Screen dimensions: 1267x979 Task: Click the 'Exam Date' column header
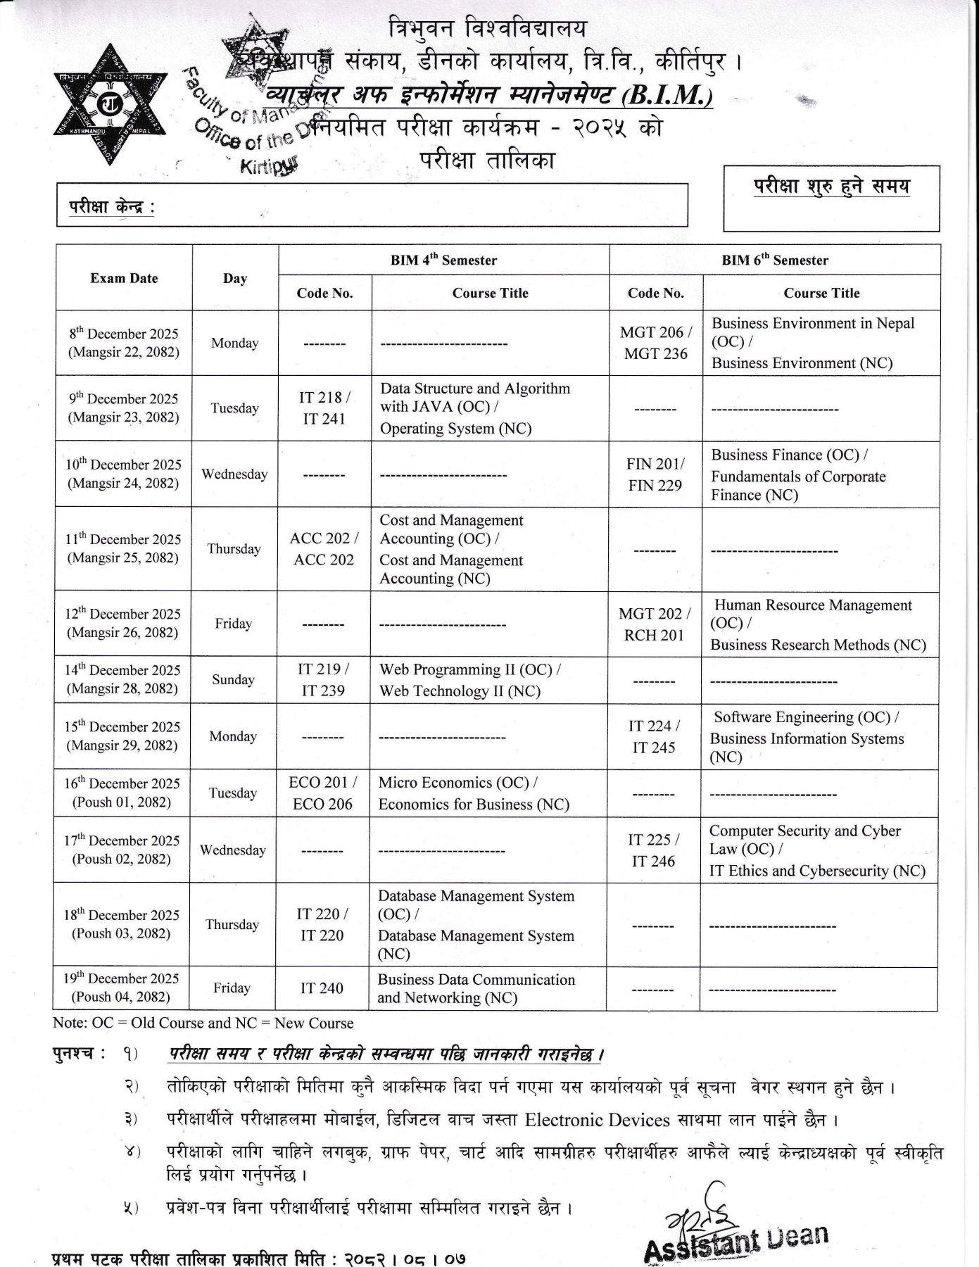(x=124, y=278)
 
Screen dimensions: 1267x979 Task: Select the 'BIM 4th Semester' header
(x=443, y=260)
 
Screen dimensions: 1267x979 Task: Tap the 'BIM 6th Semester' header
(x=774, y=260)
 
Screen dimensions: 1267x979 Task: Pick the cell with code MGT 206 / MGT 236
(x=655, y=343)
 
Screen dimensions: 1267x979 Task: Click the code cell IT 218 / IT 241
(x=324, y=408)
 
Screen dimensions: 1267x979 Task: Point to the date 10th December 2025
(x=124, y=465)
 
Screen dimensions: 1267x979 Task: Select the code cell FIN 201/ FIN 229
(x=655, y=474)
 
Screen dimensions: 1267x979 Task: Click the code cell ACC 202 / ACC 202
(x=324, y=549)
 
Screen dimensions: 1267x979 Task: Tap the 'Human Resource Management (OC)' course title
(x=813, y=614)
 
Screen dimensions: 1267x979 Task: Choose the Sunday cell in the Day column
(x=233, y=680)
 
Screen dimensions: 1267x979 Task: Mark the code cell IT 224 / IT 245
(x=654, y=736)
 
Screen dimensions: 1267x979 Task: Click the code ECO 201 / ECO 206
(x=322, y=793)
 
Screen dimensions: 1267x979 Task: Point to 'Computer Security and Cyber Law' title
(x=804, y=840)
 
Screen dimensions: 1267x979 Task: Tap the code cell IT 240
(x=322, y=988)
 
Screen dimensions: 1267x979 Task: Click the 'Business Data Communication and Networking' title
(x=476, y=988)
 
